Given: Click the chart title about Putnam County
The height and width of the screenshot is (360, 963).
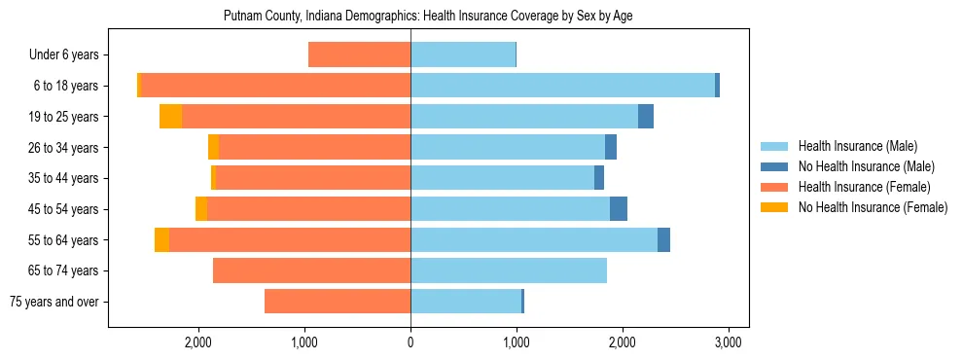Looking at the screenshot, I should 429,17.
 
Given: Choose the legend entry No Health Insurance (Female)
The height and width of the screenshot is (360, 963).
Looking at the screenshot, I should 873,207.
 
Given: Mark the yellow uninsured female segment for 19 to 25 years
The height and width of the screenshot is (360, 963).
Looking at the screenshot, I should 170,117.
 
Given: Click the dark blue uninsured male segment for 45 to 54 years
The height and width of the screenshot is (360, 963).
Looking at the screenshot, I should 619,209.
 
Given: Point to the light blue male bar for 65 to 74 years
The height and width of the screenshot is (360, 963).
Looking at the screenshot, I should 509,270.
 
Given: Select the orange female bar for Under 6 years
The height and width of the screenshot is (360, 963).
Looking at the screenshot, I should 359,55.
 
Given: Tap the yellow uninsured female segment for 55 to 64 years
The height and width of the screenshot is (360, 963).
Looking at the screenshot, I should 161,239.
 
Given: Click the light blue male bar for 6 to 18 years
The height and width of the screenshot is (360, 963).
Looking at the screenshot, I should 562,86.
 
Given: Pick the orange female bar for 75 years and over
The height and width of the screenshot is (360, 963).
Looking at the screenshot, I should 338,302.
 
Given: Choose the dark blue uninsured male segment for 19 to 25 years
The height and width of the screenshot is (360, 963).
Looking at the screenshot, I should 646,117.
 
